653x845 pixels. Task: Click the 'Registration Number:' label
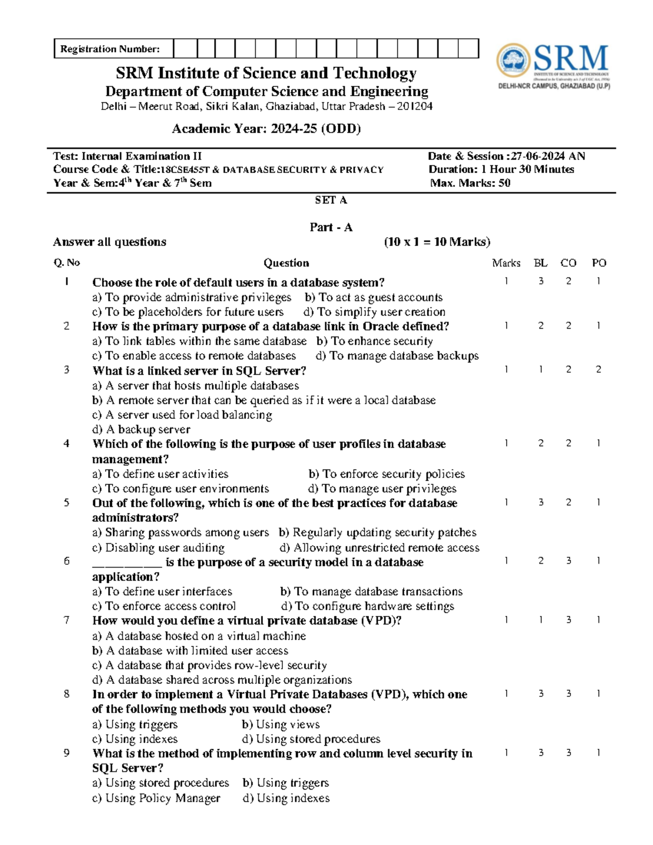coord(110,49)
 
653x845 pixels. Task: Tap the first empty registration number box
coord(185,48)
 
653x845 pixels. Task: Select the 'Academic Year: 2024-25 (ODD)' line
coord(266,129)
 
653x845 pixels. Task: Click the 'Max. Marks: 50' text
coord(470,183)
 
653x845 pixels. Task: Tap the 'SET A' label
coord(330,200)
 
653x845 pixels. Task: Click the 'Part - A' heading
coord(331,227)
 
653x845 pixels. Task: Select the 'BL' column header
coord(540,263)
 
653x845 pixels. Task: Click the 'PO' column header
coord(599,263)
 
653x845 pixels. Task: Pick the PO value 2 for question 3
coord(599,369)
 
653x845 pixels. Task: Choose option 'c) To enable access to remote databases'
coord(194,356)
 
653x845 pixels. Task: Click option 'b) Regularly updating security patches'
coord(378,533)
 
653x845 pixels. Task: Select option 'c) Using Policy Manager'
coord(156,798)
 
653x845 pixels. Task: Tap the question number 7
coord(66,620)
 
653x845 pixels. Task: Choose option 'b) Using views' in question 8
coord(281,724)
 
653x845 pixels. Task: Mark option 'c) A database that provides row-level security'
coord(210,665)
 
